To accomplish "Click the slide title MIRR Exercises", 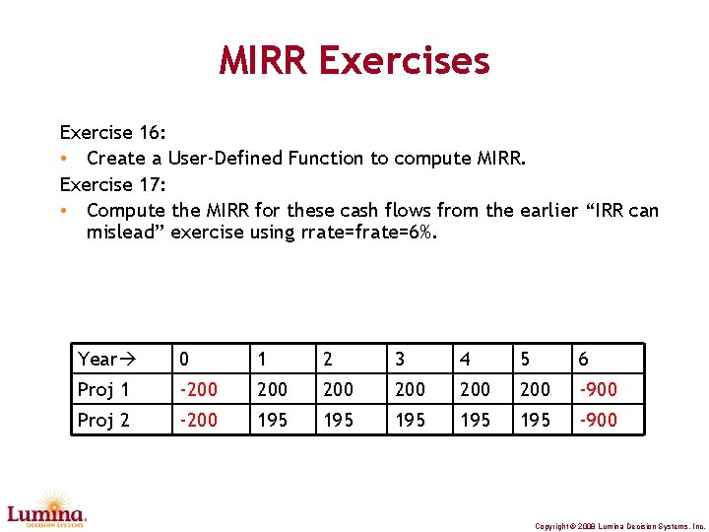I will [354, 61].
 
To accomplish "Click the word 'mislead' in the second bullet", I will [124, 233].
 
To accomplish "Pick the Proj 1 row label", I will [103, 389].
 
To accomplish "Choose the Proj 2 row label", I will [103, 420].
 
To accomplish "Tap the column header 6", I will [584, 359].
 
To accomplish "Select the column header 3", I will [401, 359].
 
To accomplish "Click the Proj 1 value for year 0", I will [197, 389].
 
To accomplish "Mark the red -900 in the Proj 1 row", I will [598, 389].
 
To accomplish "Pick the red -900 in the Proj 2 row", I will [598, 420].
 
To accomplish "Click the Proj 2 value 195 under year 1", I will [273, 420].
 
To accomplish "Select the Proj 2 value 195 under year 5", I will [535, 420].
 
